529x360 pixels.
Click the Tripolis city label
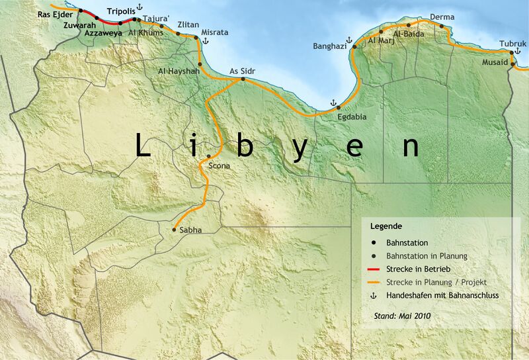[120, 12]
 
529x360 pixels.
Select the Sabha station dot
[174, 230]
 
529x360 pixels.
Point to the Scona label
[220, 165]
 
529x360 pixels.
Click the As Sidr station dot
[243, 79]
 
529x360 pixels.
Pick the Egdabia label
[351, 116]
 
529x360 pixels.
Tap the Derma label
[442, 17]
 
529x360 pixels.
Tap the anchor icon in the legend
[374, 295]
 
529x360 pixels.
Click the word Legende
[386, 226]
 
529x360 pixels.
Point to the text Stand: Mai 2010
[401, 316]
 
